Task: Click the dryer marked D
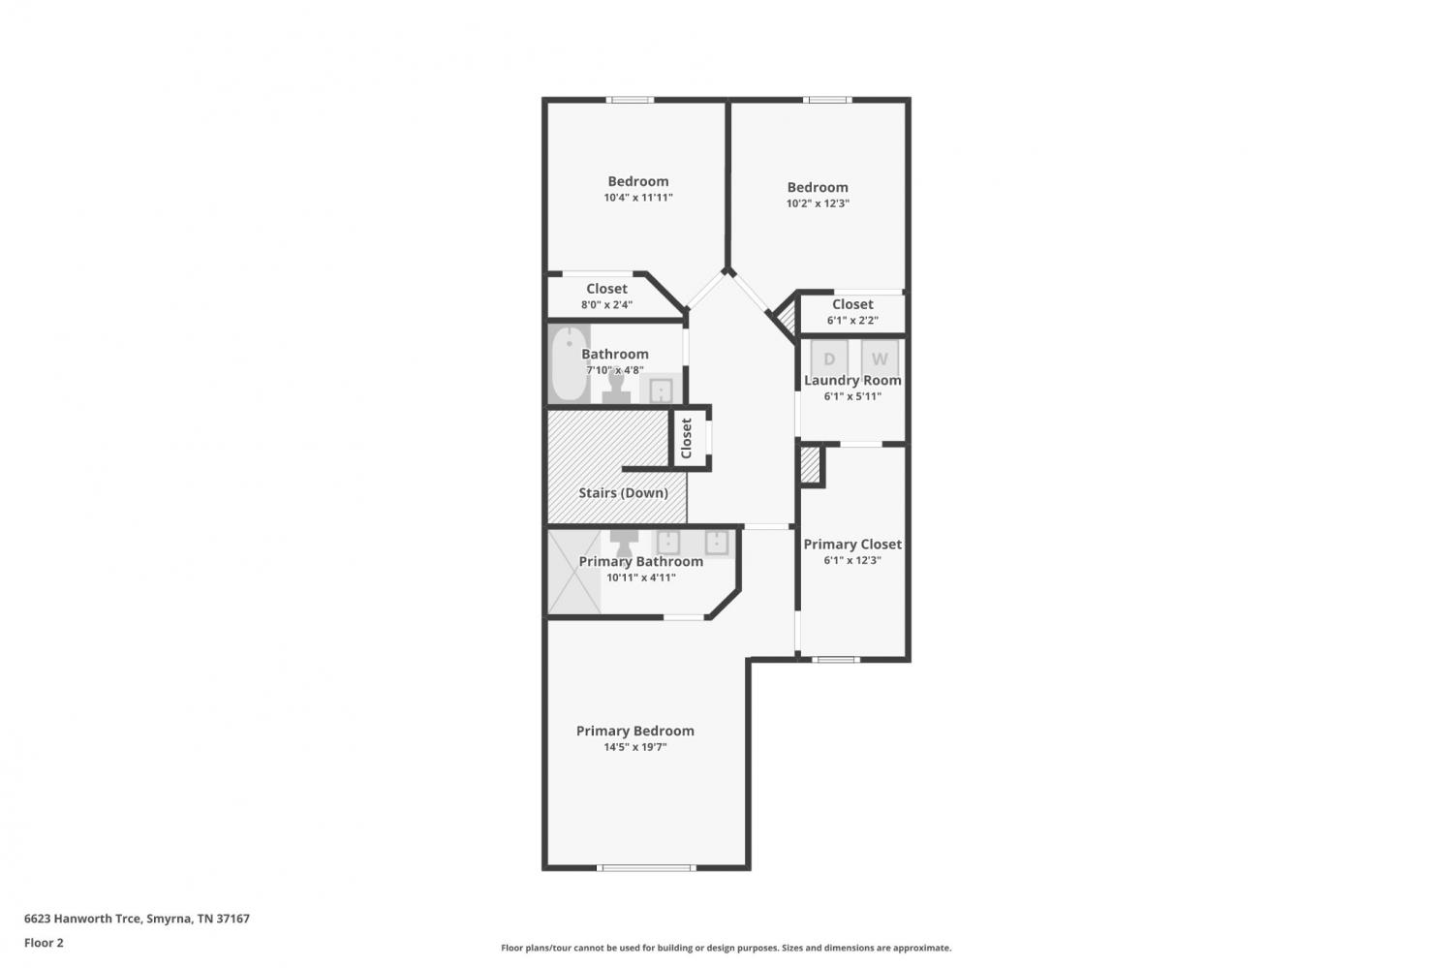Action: pyautogui.click(x=829, y=359)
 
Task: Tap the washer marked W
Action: pyautogui.click(x=880, y=359)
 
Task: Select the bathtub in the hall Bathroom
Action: pyautogui.click(x=570, y=363)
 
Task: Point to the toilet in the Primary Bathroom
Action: pyautogui.click(x=624, y=543)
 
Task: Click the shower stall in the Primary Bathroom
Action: pyautogui.click(x=574, y=572)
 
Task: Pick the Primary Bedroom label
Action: pyautogui.click(x=635, y=731)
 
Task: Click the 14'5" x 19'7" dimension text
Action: pyautogui.click(x=635, y=747)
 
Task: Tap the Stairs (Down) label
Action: pyautogui.click(x=624, y=493)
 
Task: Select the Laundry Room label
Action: pyautogui.click(x=852, y=380)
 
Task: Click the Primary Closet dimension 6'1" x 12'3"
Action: pyautogui.click(x=852, y=560)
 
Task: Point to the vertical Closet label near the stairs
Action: pyautogui.click(x=686, y=438)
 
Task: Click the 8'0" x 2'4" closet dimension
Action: pyautogui.click(x=606, y=304)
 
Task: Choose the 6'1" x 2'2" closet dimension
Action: pyautogui.click(x=852, y=320)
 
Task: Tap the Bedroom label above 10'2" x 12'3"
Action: pyautogui.click(x=818, y=188)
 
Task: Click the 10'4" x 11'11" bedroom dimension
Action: pyautogui.click(x=638, y=198)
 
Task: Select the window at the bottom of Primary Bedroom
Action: pyautogui.click(x=646, y=867)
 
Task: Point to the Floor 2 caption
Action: pyautogui.click(x=44, y=943)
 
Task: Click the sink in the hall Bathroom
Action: pyautogui.click(x=661, y=390)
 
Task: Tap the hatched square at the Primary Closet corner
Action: pyautogui.click(x=810, y=464)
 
